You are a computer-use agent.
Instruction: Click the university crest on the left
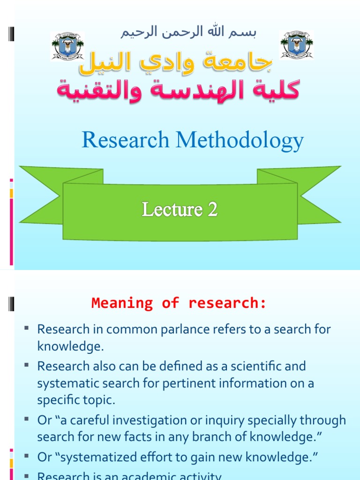pos(67,46)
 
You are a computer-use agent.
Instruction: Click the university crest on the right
pos(296,45)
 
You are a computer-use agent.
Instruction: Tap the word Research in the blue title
pos(125,141)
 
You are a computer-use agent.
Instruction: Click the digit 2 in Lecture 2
pos(213,210)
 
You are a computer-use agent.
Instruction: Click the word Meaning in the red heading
pos(122,303)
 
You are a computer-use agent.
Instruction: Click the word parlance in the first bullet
pos(177,329)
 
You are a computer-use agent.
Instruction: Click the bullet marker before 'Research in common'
pos(27,328)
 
